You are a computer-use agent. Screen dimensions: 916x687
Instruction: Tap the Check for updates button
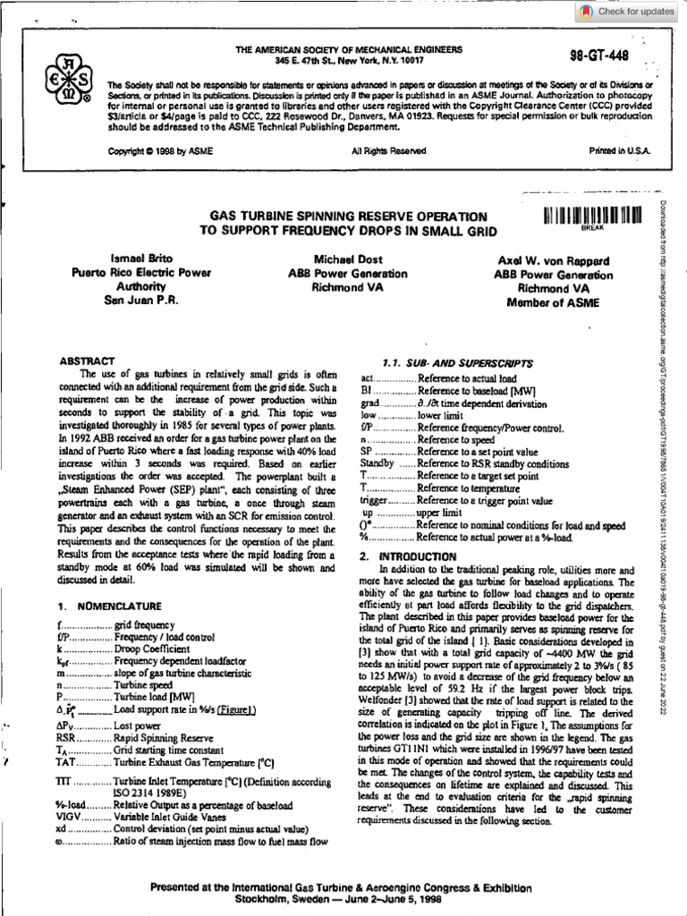(x=628, y=12)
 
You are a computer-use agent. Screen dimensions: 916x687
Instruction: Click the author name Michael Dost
(x=347, y=259)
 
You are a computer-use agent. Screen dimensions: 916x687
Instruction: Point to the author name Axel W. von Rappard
(x=554, y=260)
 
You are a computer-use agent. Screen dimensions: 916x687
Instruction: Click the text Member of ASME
(x=554, y=303)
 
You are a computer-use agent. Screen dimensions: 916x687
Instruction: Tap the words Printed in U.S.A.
(x=620, y=151)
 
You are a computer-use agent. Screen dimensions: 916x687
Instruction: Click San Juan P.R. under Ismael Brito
(x=140, y=301)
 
